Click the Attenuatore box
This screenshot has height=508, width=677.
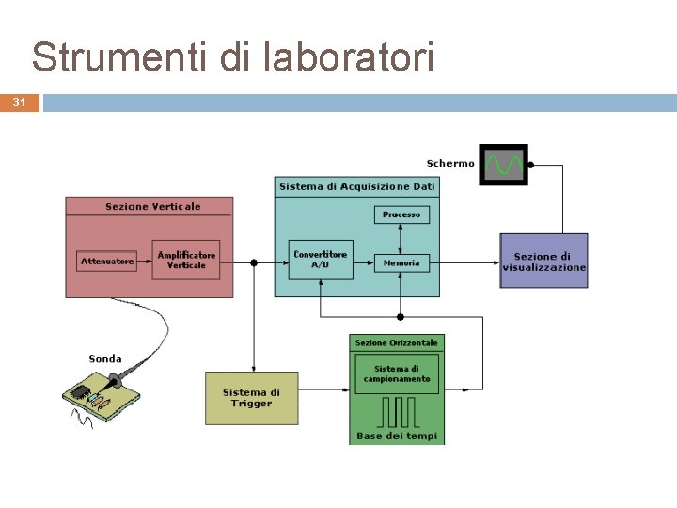pyautogui.click(x=107, y=261)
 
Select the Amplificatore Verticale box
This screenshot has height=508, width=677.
pyautogui.click(x=186, y=260)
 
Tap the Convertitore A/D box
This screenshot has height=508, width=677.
pyautogui.click(x=320, y=259)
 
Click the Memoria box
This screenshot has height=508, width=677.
pyautogui.click(x=401, y=263)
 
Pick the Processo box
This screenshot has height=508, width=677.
pyautogui.click(x=401, y=214)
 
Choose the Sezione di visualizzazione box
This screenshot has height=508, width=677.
pyautogui.click(x=543, y=261)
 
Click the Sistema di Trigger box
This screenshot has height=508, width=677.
pyautogui.click(x=251, y=398)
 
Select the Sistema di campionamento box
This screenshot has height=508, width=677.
pyautogui.click(x=396, y=373)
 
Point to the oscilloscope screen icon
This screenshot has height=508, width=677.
pyautogui.click(x=503, y=165)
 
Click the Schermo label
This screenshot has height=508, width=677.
pyautogui.click(x=450, y=164)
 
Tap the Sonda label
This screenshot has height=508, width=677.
pyautogui.click(x=104, y=358)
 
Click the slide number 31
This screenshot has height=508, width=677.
pyautogui.click(x=20, y=103)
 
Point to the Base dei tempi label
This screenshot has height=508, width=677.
pyautogui.click(x=396, y=437)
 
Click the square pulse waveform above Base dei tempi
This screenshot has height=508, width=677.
pyautogui.click(x=397, y=411)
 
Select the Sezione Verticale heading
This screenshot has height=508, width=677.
pyautogui.click(x=152, y=206)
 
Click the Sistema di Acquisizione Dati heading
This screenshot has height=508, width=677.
pyautogui.click(x=356, y=186)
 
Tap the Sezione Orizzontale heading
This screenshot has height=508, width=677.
pyautogui.click(x=396, y=342)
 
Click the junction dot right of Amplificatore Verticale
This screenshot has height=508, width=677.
pyautogui.click(x=253, y=262)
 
